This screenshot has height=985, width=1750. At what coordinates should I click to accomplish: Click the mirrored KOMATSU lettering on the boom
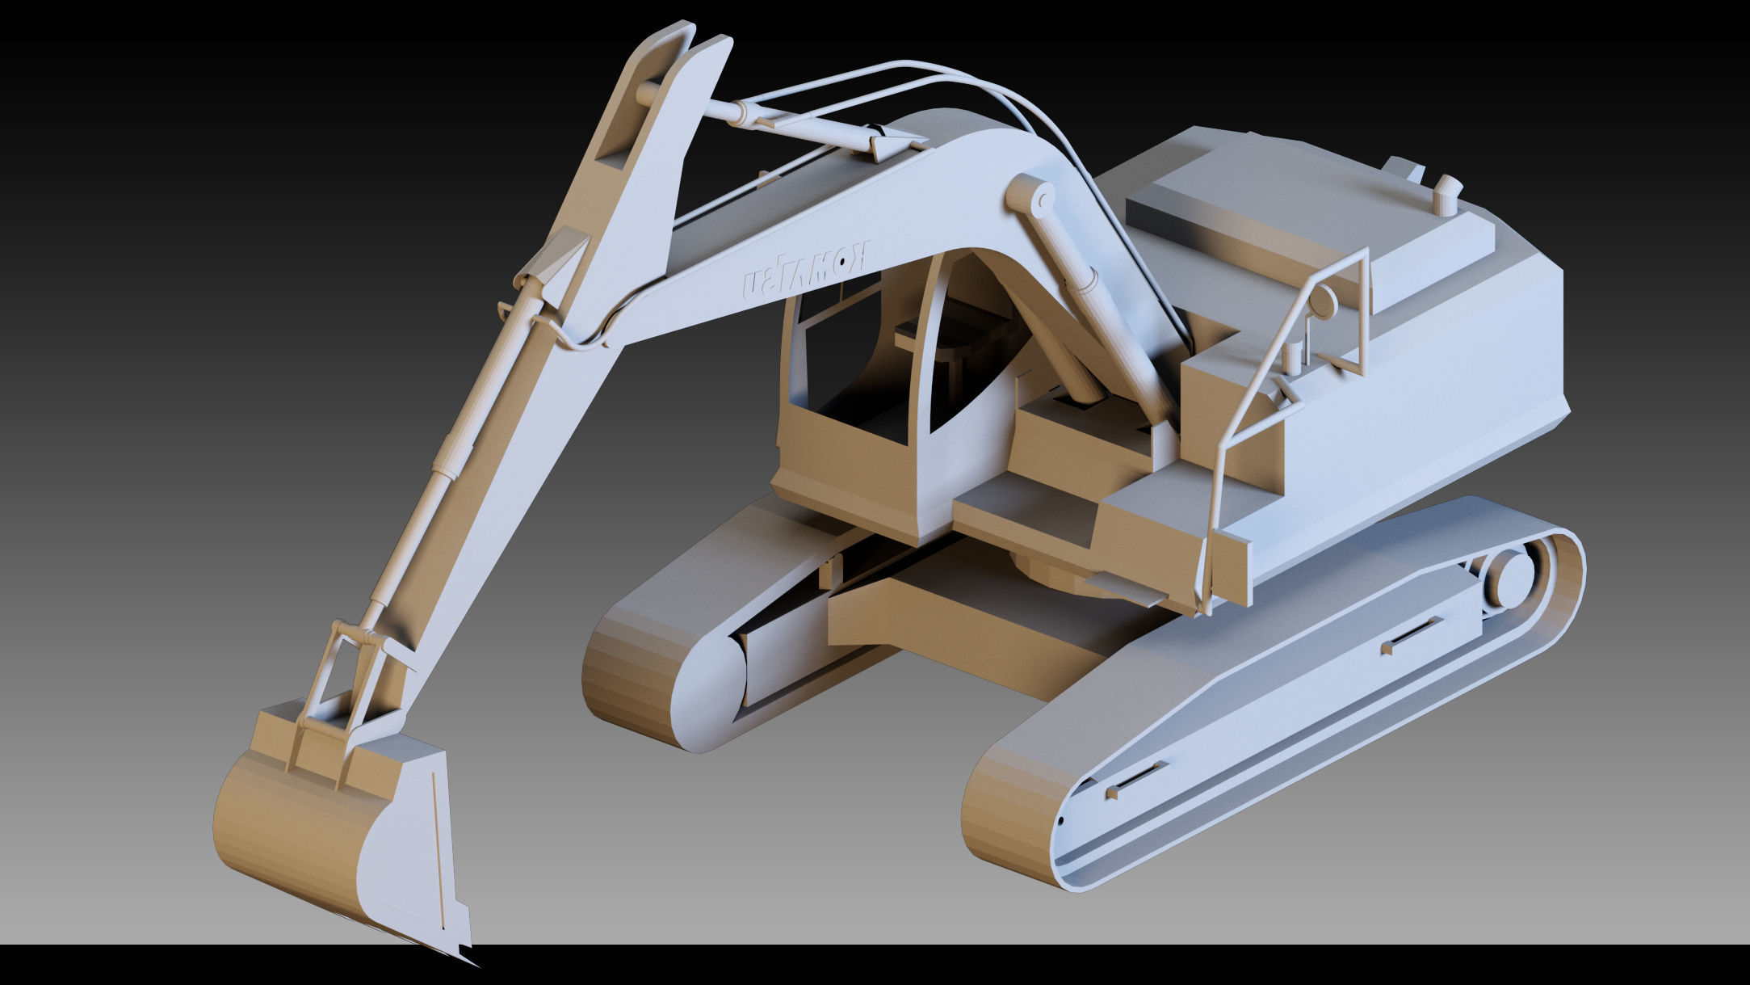(807, 271)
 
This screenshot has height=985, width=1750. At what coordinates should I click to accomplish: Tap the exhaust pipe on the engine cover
(1446, 196)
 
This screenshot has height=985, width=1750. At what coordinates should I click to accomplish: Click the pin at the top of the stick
(646, 94)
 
